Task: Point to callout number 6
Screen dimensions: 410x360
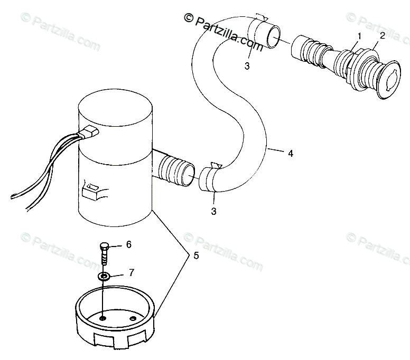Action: click(128, 230)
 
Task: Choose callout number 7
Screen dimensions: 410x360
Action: click(132, 273)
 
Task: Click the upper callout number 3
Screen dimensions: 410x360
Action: click(247, 65)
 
